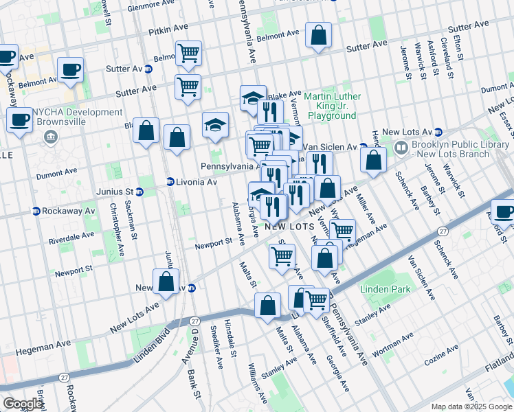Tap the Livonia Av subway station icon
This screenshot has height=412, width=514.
coord(170,182)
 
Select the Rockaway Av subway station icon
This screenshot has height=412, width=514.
coord(36,211)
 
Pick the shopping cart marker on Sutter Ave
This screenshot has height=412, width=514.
coord(188,87)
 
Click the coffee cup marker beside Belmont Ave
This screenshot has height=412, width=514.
coord(70,69)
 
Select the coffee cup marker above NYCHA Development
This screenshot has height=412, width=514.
coord(19,121)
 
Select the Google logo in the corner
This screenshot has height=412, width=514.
coord(23,404)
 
